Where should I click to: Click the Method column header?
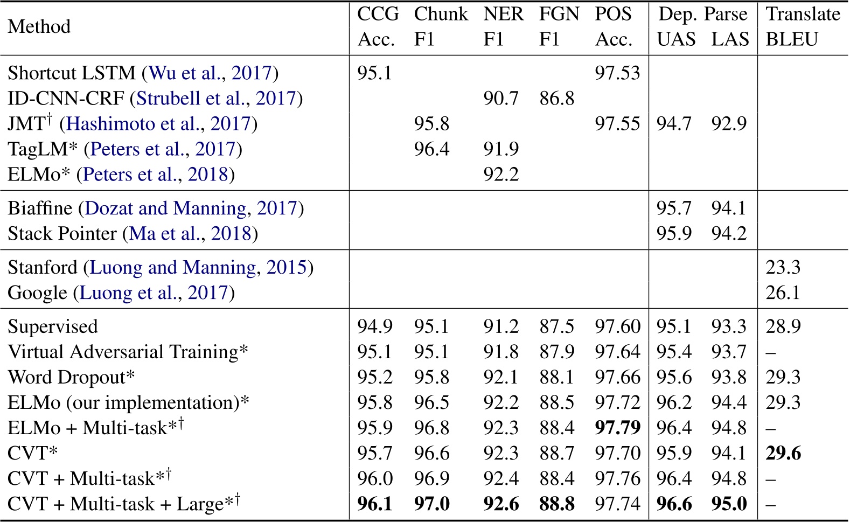[x=39, y=26]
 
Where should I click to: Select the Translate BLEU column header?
[x=803, y=26]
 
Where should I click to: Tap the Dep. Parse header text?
[x=703, y=14]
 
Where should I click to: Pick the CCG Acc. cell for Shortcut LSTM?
[x=375, y=73]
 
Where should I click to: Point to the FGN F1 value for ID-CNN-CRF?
[x=557, y=98]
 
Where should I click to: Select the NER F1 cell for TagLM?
[x=501, y=149]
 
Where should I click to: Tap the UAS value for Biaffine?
[x=674, y=208]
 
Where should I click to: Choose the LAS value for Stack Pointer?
[x=729, y=234]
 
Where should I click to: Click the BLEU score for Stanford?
[x=783, y=268]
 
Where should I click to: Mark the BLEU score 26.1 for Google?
[x=783, y=293]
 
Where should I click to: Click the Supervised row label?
[x=53, y=327]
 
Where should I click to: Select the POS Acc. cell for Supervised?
[x=617, y=327]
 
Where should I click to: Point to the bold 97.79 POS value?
[x=617, y=428]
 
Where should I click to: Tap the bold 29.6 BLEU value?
[x=783, y=454]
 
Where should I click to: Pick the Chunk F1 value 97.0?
[x=432, y=504]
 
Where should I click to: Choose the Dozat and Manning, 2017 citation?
[x=191, y=208]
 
